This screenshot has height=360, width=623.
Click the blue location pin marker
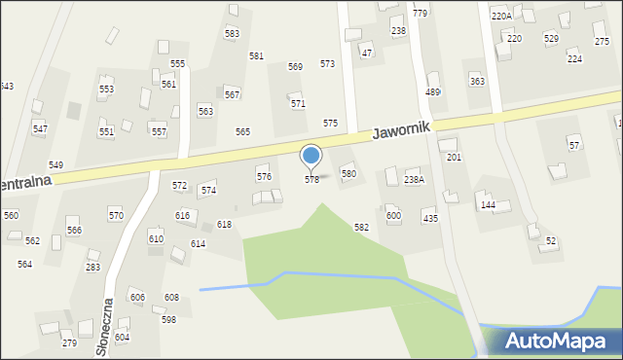click(x=311, y=157)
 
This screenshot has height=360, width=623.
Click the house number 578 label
click(x=311, y=180)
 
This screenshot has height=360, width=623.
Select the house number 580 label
click(x=348, y=173)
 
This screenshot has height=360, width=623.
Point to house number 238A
click(x=415, y=180)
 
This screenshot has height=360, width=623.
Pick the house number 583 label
click(x=232, y=34)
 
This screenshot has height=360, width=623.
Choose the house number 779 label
click(x=420, y=13)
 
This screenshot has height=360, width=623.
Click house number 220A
click(x=501, y=17)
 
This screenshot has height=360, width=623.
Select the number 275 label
click(x=602, y=42)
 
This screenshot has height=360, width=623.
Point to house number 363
click(x=477, y=82)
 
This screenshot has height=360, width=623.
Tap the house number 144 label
click(x=488, y=205)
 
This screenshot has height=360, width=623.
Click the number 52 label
click(x=551, y=241)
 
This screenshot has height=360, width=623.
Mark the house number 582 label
click(x=361, y=227)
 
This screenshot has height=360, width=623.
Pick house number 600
click(x=393, y=216)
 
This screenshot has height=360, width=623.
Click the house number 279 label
click(x=69, y=342)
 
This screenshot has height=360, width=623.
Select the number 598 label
click(x=168, y=319)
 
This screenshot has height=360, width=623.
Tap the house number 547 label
click(x=40, y=129)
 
